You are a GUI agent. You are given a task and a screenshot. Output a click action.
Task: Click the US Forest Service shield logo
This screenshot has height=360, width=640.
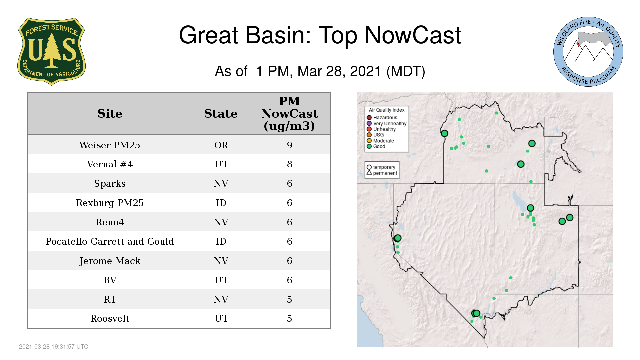point(51,51)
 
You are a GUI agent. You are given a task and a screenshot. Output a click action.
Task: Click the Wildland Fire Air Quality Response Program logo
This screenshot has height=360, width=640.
point(588,52)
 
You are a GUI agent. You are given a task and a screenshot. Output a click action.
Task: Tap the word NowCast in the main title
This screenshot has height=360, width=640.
point(413,35)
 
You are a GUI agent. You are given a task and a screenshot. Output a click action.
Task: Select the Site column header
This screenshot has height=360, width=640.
point(110,114)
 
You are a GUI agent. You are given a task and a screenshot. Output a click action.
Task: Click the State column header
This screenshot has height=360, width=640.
point(221,114)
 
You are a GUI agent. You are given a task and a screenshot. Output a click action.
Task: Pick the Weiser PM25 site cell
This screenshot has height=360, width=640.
point(110,145)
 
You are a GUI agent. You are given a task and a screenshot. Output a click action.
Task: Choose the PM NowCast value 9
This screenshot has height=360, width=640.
point(289,145)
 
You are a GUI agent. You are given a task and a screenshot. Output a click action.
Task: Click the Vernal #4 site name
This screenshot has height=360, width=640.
point(110,164)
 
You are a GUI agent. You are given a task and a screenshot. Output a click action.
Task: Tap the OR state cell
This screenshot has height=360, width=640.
point(221,145)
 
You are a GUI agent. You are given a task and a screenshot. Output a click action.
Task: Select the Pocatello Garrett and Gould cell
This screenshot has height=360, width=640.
point(110,241)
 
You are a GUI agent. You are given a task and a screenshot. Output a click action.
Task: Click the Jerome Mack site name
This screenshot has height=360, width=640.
point(110,261)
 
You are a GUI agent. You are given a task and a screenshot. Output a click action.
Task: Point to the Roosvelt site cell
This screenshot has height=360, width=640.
point(110,318)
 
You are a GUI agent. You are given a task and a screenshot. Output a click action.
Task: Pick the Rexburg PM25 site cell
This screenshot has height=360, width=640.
point(110,203)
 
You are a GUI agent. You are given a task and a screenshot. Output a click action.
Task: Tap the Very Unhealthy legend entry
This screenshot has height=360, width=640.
point(387,123)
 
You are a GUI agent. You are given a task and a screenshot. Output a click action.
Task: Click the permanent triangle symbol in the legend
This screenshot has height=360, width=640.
point(369,172)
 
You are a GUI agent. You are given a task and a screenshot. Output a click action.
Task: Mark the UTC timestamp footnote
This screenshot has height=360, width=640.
point(54,347)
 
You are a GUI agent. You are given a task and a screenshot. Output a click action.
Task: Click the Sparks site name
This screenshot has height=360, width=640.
point(110,183)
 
